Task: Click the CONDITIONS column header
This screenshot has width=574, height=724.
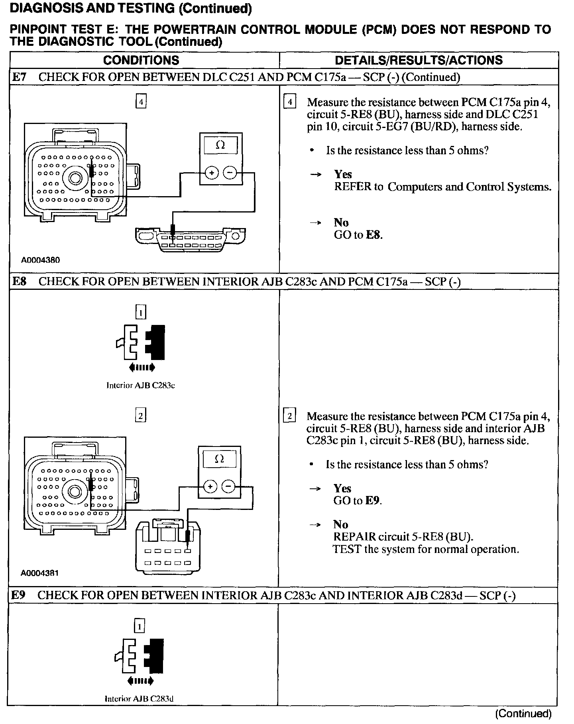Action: tap(141, 60)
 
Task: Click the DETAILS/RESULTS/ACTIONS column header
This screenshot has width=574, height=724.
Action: tap(419, 60)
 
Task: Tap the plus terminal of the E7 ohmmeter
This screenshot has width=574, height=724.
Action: tap(212, 173)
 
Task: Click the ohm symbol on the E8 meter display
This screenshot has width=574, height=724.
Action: tap(219, 459)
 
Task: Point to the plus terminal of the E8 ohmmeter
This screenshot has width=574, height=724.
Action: tap(210, 486)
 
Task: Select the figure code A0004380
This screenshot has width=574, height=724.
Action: tap(40, 260)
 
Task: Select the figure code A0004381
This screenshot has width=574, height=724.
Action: tap(40, 573)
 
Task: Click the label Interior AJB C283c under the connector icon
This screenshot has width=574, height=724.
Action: tap(141, 385)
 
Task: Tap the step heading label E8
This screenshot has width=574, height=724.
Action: tap(19, 281)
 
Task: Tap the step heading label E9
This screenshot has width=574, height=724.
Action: tap(18, 595)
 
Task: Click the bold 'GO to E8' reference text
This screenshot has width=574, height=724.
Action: tap(358, 235)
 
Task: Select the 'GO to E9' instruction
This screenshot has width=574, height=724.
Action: tap(358, 501)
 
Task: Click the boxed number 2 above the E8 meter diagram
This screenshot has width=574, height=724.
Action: tap(140, 416)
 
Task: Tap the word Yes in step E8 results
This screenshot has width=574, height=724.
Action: tap(342, 488)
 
